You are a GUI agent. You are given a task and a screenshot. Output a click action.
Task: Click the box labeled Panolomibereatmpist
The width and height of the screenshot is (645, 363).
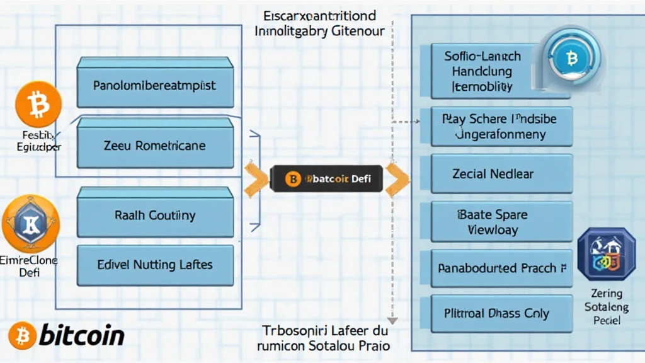click(x=155, y=84)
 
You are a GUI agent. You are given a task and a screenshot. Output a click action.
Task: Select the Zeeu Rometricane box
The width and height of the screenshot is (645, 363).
click(x=155, y=145)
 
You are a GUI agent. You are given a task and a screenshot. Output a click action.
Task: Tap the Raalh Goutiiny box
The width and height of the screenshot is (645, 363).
click(x=155, y=215)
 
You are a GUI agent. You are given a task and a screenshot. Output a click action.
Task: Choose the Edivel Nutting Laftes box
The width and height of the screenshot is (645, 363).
click(x=155, y=265)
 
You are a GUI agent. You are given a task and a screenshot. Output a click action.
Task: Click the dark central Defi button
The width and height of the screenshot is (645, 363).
click(x=326, y=179)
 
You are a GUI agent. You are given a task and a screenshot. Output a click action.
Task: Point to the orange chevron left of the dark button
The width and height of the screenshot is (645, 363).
click(x=255, y=179)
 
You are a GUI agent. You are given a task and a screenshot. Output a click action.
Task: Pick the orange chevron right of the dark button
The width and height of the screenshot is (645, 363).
click(x=397, y=179)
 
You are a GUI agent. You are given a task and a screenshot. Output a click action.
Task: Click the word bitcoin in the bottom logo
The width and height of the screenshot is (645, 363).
click(x=82, y=335)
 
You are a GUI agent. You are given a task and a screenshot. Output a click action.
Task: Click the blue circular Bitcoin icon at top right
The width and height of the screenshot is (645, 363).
click(x=572, y=59)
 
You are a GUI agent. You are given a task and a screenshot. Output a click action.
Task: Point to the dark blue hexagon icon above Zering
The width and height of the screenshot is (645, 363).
click(x=606, y=253)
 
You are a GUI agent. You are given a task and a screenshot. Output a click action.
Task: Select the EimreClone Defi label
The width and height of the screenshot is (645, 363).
click(x=29, y=267)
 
